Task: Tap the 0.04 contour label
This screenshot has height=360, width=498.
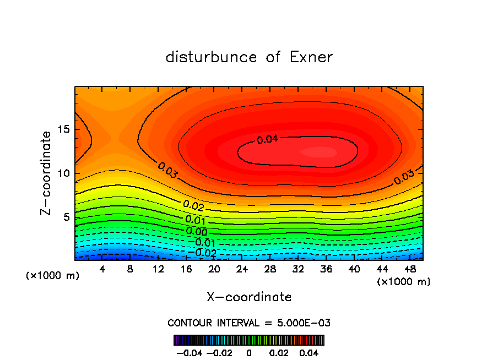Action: tap(268, 139)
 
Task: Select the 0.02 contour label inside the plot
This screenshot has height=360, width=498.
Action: tap(194, 205)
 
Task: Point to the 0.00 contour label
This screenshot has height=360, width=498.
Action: tap(197, 232)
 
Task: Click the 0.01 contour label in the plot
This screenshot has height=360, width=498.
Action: tap(196, 220)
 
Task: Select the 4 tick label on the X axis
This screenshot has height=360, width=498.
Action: tap(102, 269)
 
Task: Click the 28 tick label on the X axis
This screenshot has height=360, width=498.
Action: tap(270, 269)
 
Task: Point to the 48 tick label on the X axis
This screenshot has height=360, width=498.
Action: tap(410, 269)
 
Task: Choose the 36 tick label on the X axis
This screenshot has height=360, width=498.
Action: tap(326, 269)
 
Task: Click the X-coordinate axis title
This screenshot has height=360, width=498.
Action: tap(249, 297)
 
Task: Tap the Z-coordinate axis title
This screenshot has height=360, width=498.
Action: tap(46, 173)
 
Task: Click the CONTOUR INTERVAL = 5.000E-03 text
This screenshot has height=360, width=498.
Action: tap(249, 323)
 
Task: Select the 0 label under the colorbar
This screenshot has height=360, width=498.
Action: tap(249, 353)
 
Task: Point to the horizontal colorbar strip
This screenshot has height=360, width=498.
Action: tap(249, 340)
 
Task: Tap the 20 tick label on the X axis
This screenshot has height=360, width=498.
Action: tap(214, 269)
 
